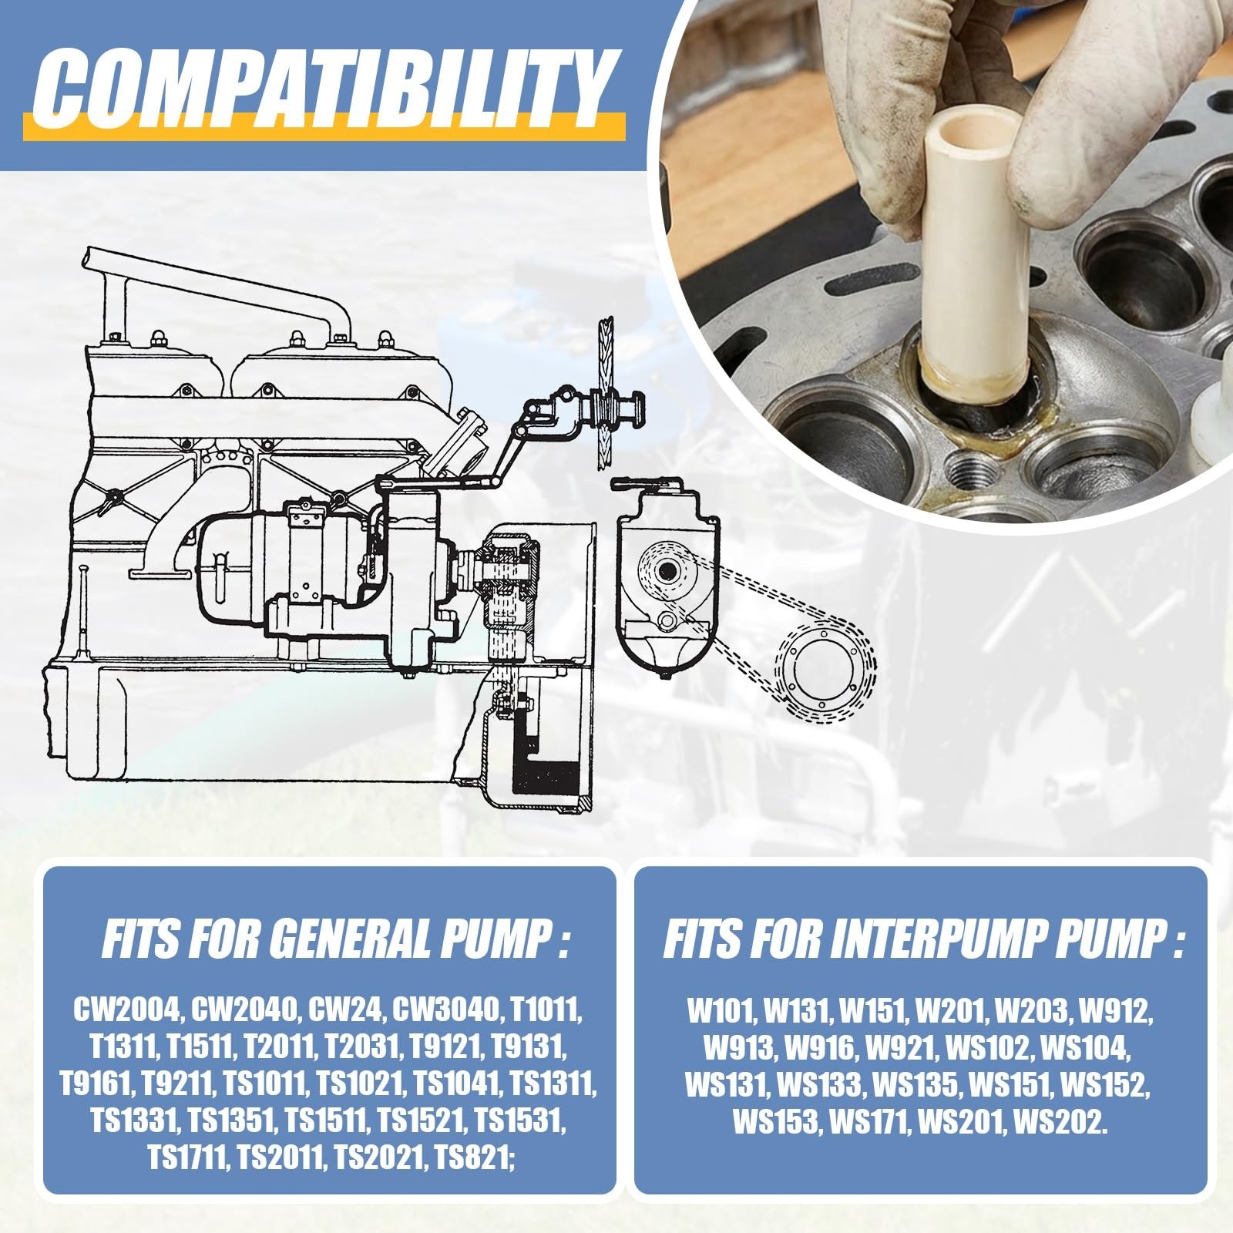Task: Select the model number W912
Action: pos(1117,1009)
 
